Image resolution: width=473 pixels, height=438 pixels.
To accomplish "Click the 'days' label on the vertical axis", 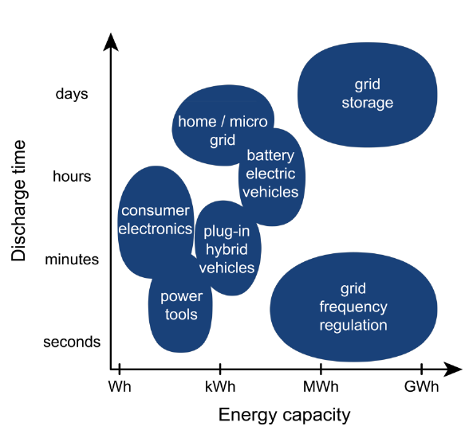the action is [72, 94].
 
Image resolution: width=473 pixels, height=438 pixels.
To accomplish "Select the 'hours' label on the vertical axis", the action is [72, 176].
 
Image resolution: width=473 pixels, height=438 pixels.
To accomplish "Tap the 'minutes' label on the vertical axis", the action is [72, 260].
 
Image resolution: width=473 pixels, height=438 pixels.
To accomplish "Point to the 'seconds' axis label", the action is [72, 342].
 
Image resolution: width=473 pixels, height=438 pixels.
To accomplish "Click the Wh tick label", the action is [120, 386].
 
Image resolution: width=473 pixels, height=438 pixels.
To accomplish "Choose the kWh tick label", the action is [220, 386].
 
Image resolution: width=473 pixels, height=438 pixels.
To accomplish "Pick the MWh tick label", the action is [321, 386].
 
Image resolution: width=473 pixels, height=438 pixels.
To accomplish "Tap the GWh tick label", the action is [421, 386].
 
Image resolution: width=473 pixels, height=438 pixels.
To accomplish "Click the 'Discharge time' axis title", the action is [18, 201].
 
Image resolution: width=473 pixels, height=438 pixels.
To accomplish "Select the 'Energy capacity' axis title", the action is [285, 416].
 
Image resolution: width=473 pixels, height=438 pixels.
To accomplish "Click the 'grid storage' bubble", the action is [368, 95].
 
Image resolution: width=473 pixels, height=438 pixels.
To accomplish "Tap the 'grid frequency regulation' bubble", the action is [353, 307].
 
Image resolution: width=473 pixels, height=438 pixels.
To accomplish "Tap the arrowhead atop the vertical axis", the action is [111, 42].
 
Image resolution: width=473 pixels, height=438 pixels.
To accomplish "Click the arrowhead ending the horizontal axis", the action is [452, 369].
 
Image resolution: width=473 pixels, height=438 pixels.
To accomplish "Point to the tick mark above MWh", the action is [321, 369].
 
